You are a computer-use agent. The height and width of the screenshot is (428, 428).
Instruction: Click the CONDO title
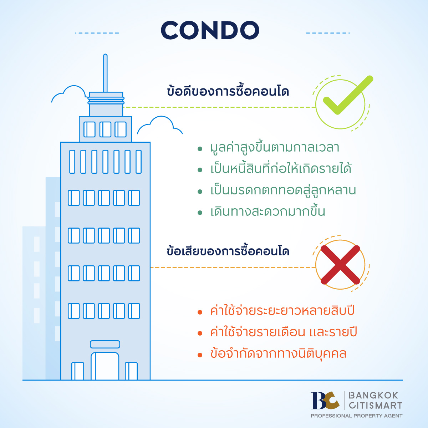[210, 30]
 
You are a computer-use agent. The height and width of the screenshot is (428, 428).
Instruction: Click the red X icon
[340, 265]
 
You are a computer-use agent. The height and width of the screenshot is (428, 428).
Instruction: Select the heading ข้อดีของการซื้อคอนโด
[228, 91]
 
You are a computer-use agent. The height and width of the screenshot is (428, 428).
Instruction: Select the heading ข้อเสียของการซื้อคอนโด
[228, 251]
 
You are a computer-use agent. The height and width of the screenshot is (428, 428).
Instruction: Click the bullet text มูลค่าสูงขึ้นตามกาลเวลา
[275, 147]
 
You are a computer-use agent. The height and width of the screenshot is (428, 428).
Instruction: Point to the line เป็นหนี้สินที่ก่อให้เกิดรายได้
[281, 169]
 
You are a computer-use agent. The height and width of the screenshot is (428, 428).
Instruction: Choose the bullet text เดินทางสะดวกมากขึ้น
[268, 211]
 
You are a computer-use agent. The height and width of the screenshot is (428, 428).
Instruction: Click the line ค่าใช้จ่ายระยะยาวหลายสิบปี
[282, 310]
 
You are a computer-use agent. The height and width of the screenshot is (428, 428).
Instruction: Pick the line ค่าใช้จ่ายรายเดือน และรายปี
[284, 332]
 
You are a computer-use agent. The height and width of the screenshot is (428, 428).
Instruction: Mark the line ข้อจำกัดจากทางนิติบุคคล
[279, 353]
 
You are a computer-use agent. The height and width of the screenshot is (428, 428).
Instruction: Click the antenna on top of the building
[105, 73]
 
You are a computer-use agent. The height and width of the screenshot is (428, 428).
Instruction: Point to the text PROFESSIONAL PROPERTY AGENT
[356, 416]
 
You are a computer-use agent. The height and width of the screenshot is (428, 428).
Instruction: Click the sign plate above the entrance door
[105, 344]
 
